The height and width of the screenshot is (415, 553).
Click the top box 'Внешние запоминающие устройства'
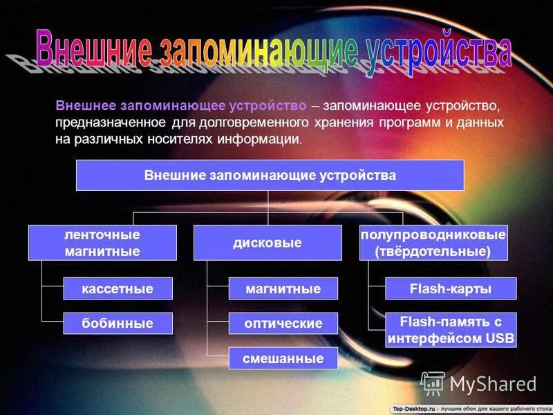[270, 175]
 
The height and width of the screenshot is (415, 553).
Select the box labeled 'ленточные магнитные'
[102, 243]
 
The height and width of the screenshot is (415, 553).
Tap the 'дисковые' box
[268, 243]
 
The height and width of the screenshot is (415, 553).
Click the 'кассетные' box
[118, 288]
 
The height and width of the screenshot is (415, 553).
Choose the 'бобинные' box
[118, 323]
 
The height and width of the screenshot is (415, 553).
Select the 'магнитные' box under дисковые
[283, 288]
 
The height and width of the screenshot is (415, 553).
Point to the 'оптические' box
[283, 323]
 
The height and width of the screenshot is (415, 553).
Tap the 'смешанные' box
[283, 358]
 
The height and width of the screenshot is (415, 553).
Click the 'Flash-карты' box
[451, 288]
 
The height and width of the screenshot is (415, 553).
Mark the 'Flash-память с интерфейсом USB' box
[451, 330]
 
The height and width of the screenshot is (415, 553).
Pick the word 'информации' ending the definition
[265, 138]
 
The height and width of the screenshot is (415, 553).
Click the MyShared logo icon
[433, 383]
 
